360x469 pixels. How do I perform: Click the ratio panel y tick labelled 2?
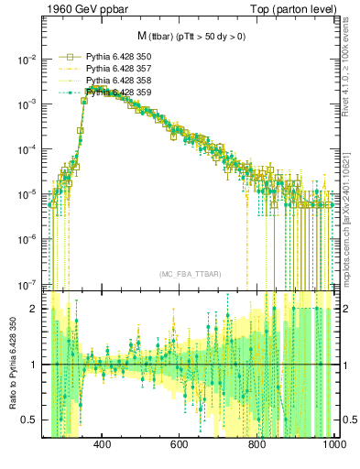35,309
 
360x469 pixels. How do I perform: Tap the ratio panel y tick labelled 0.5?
31,420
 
